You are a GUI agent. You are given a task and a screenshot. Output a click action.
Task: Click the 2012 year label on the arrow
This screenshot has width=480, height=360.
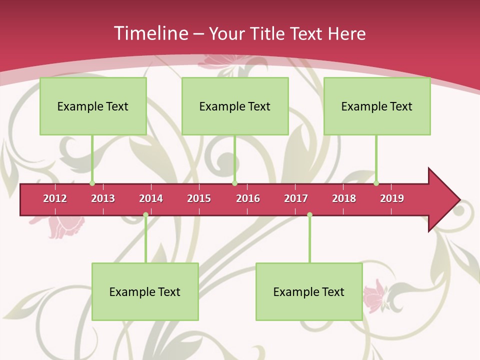point(55,198)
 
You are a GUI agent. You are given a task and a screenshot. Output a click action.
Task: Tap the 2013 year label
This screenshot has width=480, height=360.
point(103,198)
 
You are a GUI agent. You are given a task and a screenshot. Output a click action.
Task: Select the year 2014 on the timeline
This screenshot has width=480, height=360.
point(151,198)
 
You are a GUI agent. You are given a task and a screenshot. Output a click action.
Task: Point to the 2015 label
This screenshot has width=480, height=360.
point(199,198)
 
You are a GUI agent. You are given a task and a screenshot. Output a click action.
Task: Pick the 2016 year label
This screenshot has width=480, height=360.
point(248,198)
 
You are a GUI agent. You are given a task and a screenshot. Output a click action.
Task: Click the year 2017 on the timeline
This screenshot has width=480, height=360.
point(296,198)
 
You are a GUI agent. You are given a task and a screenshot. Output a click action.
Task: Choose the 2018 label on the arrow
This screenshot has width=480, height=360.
point(344,198)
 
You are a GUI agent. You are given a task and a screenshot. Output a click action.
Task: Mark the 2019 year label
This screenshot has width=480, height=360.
point(392,198)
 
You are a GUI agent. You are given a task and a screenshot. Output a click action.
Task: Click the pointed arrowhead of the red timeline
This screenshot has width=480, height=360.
point(445,199)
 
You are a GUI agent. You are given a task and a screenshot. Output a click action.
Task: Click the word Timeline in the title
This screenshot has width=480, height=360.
point(150,33)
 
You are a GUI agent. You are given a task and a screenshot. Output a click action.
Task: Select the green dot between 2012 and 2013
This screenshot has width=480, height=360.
point(92,183)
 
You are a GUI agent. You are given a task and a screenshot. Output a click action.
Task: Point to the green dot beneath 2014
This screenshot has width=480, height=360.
point(145,215)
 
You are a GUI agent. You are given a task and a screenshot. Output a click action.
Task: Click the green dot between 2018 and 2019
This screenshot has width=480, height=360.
point(376,183)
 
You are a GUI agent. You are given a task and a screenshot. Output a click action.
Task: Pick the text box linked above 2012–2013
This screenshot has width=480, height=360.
point(93,106)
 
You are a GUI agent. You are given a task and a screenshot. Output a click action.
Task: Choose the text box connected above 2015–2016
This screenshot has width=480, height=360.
point(235,106)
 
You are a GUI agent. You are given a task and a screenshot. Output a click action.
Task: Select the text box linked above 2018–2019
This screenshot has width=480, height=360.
point(377,106)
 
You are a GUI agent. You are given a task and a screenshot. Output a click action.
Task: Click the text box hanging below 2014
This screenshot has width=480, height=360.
point(145,291)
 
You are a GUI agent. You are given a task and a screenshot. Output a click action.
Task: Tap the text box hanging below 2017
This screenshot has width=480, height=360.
point(309,291)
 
